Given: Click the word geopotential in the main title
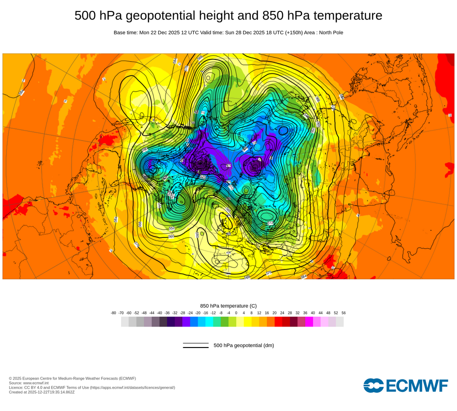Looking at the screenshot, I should (x=157, y=16).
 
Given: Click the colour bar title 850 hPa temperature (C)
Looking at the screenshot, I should (x=228, y=306).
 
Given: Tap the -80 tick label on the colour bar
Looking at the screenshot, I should (x=113, y=313).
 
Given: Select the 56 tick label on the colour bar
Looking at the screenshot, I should (x=344, y=313).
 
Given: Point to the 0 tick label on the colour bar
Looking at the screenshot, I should (x=236, y=313).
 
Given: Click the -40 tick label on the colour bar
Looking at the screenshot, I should (x=159, y=313).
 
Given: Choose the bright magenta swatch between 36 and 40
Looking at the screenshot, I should (x=309, y=321).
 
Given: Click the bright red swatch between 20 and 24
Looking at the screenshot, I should (x=278, y=321).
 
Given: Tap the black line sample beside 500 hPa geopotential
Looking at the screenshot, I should (x=196, y=345).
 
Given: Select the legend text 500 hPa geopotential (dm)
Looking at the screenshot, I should (x=244, y=345).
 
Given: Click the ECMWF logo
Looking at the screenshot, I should (x=406, y=385).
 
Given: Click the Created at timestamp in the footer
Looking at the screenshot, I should (x=42, y=392).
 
